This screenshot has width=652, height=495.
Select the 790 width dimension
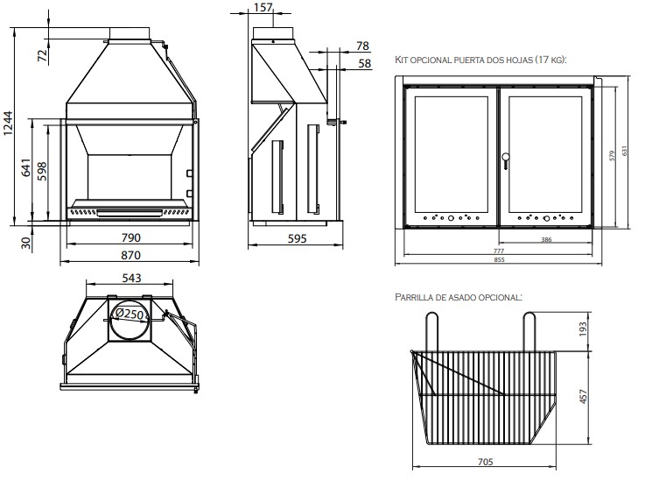click(x=130, y=237)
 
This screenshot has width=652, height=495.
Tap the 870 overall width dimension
click(x=130, y=255)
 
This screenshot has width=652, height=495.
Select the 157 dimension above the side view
click(x=262, y=9)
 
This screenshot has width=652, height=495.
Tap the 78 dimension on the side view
click(x=363, y=46)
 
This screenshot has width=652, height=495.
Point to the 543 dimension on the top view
click(x=130, y=279)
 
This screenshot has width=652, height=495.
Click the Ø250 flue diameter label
click(x=130, y=313)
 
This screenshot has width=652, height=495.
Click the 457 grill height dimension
click(x=583, y=397)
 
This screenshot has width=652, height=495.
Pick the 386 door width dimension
click(x=546, y=239)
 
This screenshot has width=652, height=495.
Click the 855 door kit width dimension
click(x=498, y=260)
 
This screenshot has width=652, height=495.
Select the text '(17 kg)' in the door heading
click(x=550, y=60)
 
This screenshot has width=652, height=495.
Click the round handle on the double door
click(x=504, y=159)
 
